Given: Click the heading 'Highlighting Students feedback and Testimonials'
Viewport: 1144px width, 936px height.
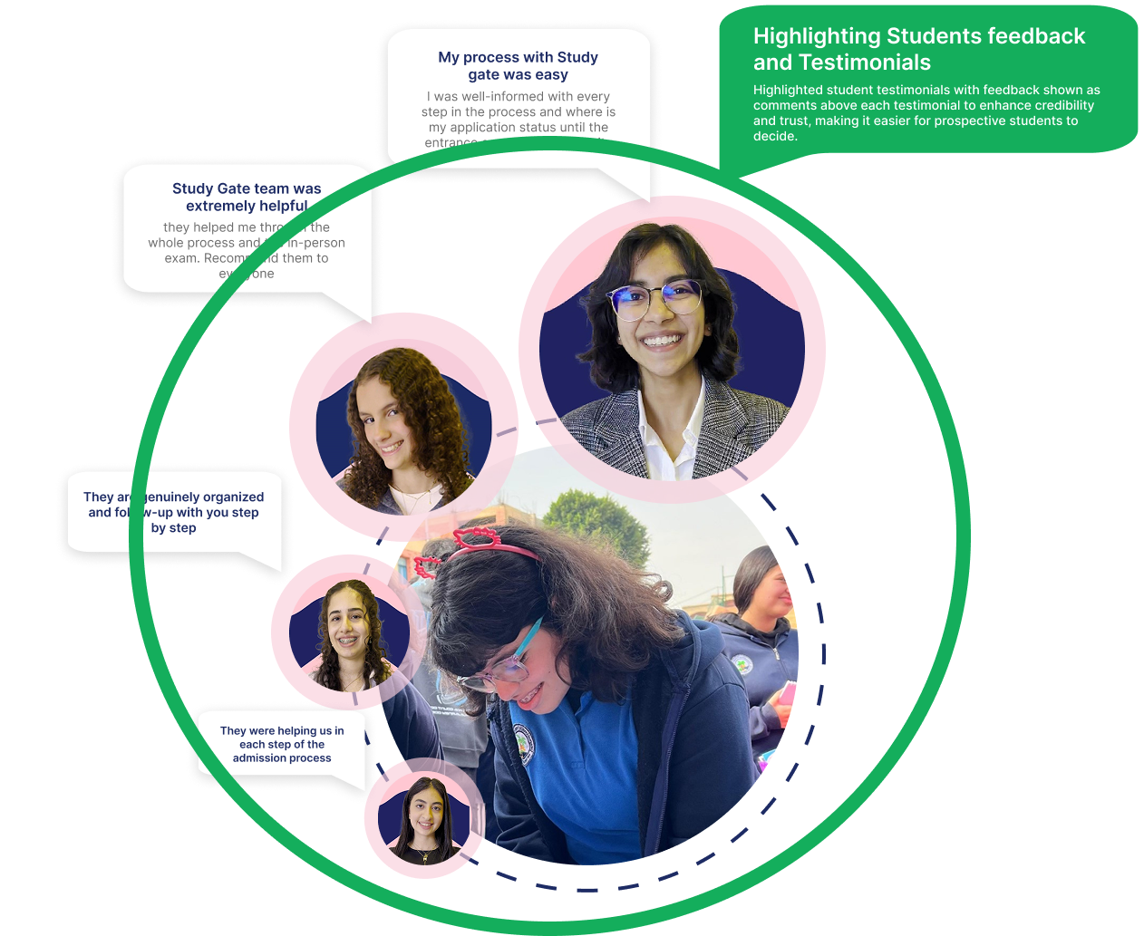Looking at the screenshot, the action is tap(918, 49).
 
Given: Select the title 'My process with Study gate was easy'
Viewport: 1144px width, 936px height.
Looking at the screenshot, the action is tap(518, 66).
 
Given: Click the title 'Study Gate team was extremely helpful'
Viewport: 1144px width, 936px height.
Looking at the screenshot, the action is tap(247, 198).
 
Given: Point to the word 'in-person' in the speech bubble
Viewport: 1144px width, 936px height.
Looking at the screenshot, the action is tap(315, 243).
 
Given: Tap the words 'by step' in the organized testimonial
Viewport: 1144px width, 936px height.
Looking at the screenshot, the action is tap(173, 527).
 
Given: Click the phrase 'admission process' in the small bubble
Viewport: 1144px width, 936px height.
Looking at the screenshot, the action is tap(282, 757).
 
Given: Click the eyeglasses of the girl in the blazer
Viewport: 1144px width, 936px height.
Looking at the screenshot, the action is tap(654, 300).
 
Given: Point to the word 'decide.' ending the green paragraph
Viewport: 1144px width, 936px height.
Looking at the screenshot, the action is tap(775, 136).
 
